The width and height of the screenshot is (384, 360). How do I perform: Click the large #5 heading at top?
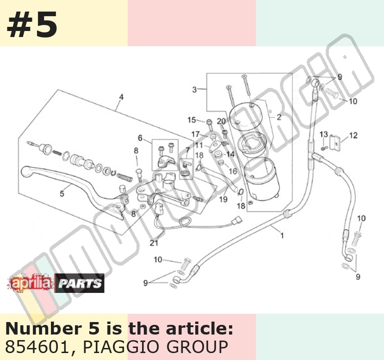click(x=32, y=25)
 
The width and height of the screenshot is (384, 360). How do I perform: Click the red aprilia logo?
click(x=31, y=283)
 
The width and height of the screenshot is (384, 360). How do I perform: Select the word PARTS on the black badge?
click(x=80, y=284)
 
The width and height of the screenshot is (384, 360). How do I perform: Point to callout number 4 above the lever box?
click(x=121, y=97)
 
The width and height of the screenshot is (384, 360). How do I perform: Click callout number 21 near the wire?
click(x=154, y=242)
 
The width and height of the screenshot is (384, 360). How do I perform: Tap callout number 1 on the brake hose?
click(x=282, y=236)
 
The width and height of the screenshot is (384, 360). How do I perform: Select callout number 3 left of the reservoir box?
click(x=194, y=90)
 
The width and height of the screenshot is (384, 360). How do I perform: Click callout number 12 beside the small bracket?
click(x=353, y=135)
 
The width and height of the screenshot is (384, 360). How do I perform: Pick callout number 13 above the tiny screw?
click(x=324, y=134)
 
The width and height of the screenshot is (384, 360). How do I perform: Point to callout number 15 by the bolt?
click(x=192, y=120)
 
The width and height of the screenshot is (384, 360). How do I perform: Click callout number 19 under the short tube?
click(x=223, y=199)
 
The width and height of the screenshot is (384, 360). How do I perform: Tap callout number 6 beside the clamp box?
click(x=140, y=138)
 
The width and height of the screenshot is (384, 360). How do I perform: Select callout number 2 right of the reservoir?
click(x=279, y=118)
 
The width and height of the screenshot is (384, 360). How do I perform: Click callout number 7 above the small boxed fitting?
click(x=187, y=150)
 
